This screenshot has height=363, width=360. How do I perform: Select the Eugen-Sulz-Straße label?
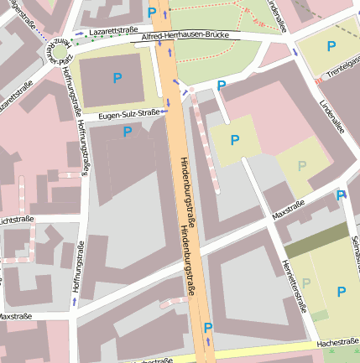(x=128, y=113)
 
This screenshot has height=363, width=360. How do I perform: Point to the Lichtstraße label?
(x=16, y=220)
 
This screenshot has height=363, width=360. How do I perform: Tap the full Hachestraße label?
(x=337, y=343)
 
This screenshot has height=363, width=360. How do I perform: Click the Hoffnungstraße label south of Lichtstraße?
(x=77, y=268)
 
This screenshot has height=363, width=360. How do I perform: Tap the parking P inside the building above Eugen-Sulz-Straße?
(x=116, y=79)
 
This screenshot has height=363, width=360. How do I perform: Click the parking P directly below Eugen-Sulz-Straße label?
(x=128, y=132)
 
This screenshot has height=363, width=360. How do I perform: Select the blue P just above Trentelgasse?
(x=331, y=46)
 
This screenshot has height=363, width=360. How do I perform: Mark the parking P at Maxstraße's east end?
(x=341, y=195)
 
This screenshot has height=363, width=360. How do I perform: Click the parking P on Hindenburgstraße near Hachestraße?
(x=208, y=328)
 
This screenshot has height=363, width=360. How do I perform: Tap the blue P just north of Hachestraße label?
(x=341, y=292)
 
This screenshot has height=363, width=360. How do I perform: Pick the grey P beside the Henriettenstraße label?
(x=305, y=283)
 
